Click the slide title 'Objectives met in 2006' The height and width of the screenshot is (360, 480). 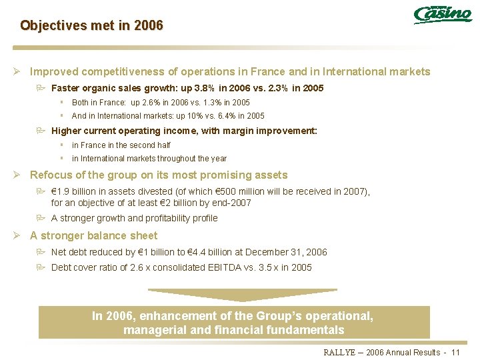click(x=91, y=26)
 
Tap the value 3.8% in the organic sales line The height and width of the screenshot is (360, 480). click(x=210, y=88)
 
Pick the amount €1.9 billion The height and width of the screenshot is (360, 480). click(x=72, y=191)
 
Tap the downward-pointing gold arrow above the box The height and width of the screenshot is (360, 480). click(x=242, y=294)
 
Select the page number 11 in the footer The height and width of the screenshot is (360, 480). click(x=456, y=352)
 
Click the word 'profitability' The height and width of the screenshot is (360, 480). click(x=157, y=218)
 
